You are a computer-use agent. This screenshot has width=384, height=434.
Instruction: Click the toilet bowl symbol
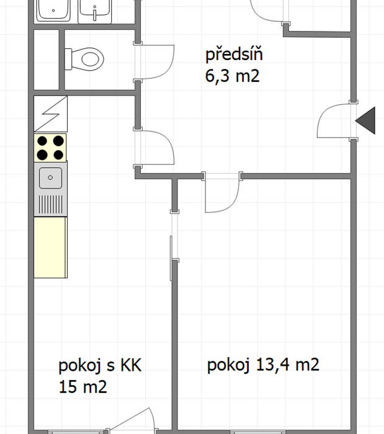(84, 59)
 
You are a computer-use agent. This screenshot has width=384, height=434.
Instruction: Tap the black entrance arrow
(365, 120)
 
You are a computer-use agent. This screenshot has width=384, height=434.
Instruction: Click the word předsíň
(234, 55)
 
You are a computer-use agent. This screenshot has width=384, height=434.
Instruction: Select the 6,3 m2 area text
(232, 76)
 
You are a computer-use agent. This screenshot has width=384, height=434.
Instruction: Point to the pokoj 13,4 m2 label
(263, 365)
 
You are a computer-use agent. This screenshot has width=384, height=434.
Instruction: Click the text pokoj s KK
(100, 365)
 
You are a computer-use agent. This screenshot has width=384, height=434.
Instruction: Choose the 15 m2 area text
(83, 387)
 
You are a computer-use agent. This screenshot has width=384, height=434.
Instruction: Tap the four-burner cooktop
(50, 148)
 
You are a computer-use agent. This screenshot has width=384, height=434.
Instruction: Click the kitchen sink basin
(50, 178)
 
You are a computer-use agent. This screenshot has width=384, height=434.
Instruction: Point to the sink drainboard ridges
(50, 204)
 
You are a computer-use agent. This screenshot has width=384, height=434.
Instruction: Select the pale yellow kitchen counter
(50, 247)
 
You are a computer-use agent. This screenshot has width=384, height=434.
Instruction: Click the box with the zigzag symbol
(51, 113)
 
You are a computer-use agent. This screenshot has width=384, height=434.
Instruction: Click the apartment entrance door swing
(334, 121)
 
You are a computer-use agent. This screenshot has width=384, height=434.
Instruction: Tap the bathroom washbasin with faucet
(95, 11)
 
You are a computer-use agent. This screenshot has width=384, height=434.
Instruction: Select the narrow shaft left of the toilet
(47, 60)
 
